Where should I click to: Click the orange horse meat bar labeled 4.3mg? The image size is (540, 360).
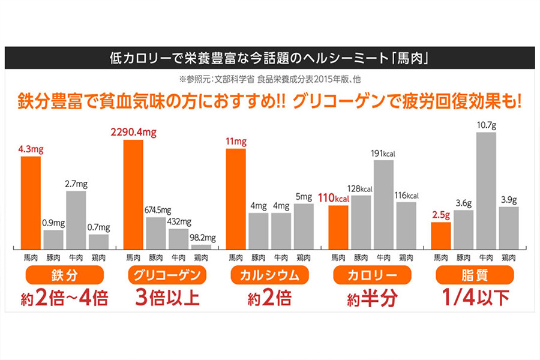tap(30, 203)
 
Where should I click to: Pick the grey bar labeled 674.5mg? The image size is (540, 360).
tap(155, 233)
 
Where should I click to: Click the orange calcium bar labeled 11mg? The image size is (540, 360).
tap(236, 199)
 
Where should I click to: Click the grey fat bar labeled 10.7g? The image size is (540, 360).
tap(486, 191)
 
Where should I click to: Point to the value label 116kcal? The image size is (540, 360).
tap(406, 196)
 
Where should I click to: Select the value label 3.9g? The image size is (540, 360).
tap(509, 200)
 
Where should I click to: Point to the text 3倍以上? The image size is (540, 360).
tap(167, 298)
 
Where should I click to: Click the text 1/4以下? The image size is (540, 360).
tap(474, 298)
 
